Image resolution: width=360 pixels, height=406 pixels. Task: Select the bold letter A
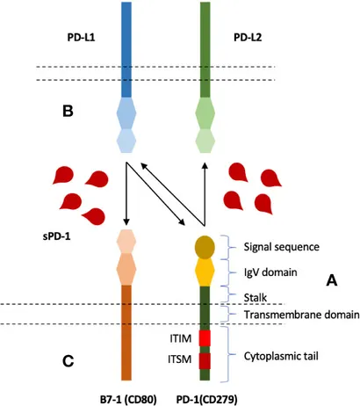(331, 280)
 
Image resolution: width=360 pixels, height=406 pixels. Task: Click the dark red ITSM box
(205, 360)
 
